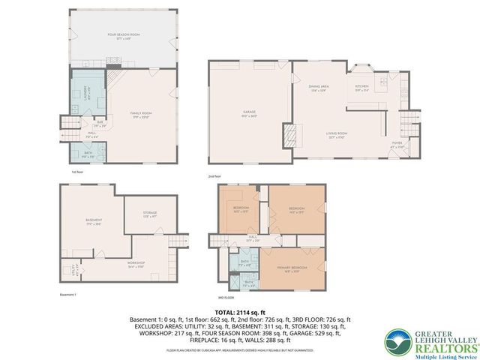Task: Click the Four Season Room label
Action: pyautogui.click(x=123, y=34)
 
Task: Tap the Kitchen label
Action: pyautogui.click(x=362, y=87)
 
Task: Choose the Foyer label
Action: pyautogui.click(x=397, y=145)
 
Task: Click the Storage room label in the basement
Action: pyautogui.click(x=149, y=214)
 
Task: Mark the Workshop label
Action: pyautogui.click(x=136, y=263)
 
